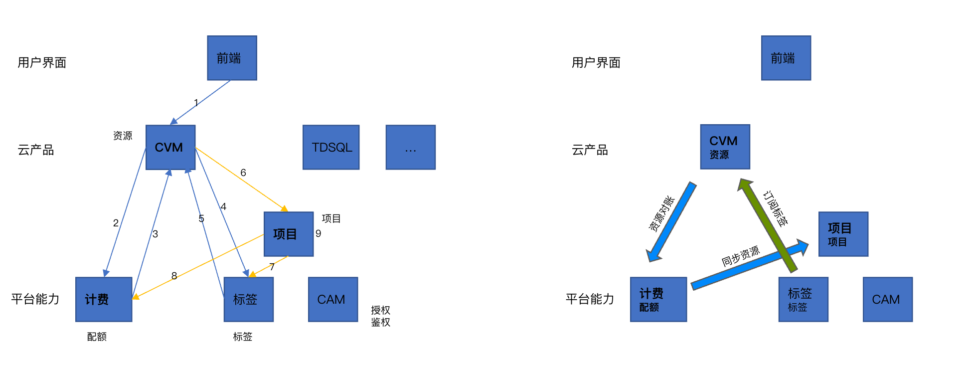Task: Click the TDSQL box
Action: pyautogui.click(x=331, y=147)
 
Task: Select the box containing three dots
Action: pyautogui.click(x=411, y=147)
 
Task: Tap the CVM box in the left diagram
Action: pyautogui.click(x=170, y=147)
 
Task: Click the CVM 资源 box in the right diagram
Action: pyautogui.click(x=725, y=147)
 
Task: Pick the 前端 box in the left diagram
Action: pyautogui.click(x=232, y=58)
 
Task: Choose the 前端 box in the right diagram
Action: pyautogui.click(x=786, y=58)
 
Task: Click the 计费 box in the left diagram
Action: pyautogui.click(x=104, y=299)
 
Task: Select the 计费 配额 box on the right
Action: pyautogui.click(x=658, y=299)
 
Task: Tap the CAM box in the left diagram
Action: pyautogui.click(x=333, y=299)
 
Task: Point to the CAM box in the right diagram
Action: pyautogui.click(x=888, y=299)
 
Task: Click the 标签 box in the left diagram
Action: pyautogui.click(x=249, y=299)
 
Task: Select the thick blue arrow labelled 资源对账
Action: pyautogui.click(x=671, y=222)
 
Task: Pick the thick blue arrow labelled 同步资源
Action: pyautogui.click(x=750, y=265)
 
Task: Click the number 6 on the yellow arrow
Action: pyautogui.click(x=243, y=173)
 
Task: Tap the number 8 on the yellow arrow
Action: pyautogui.click(x=174, y=276)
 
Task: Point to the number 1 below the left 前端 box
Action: pyautogui.click(x=196, y=103)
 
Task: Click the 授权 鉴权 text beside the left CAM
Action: pyautogui.click(x=381, y=316)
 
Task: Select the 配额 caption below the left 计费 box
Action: pyautogui.click(x=97, y=337)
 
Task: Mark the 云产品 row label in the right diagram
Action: pyautogui.click(x=590, y=150)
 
